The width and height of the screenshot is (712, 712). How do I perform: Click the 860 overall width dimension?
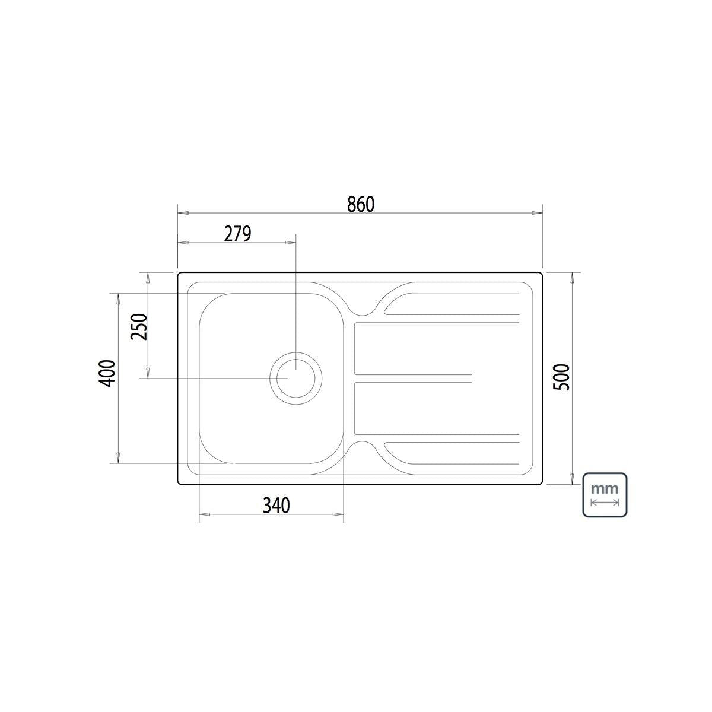point(361,204)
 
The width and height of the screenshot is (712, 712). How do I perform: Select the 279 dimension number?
point(237,234)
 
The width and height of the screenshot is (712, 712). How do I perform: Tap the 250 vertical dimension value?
point(139,326)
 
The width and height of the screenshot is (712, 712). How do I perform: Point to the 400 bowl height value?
point(108,374)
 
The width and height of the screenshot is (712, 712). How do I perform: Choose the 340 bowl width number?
point(276,506)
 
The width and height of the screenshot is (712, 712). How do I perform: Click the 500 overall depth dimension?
point(562,377)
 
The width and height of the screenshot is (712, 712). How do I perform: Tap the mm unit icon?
point(605,495)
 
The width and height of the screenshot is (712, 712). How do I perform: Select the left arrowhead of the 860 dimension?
point(183,213)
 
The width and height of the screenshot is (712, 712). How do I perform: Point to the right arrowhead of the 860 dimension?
point(536,213)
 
